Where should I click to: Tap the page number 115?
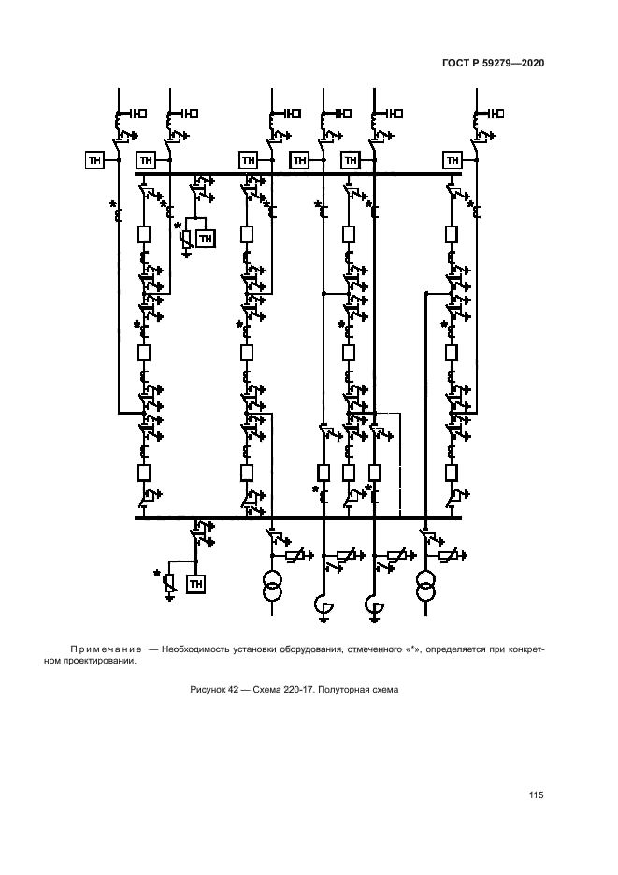pos(536,795)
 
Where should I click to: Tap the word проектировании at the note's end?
pos(104,661)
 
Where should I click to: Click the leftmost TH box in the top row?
pos(94,160)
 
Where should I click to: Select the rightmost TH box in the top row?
pos(453,160)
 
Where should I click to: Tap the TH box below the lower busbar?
pos(196,584)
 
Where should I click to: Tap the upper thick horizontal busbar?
pos(299,173)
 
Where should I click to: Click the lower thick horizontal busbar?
pos(299,517)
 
